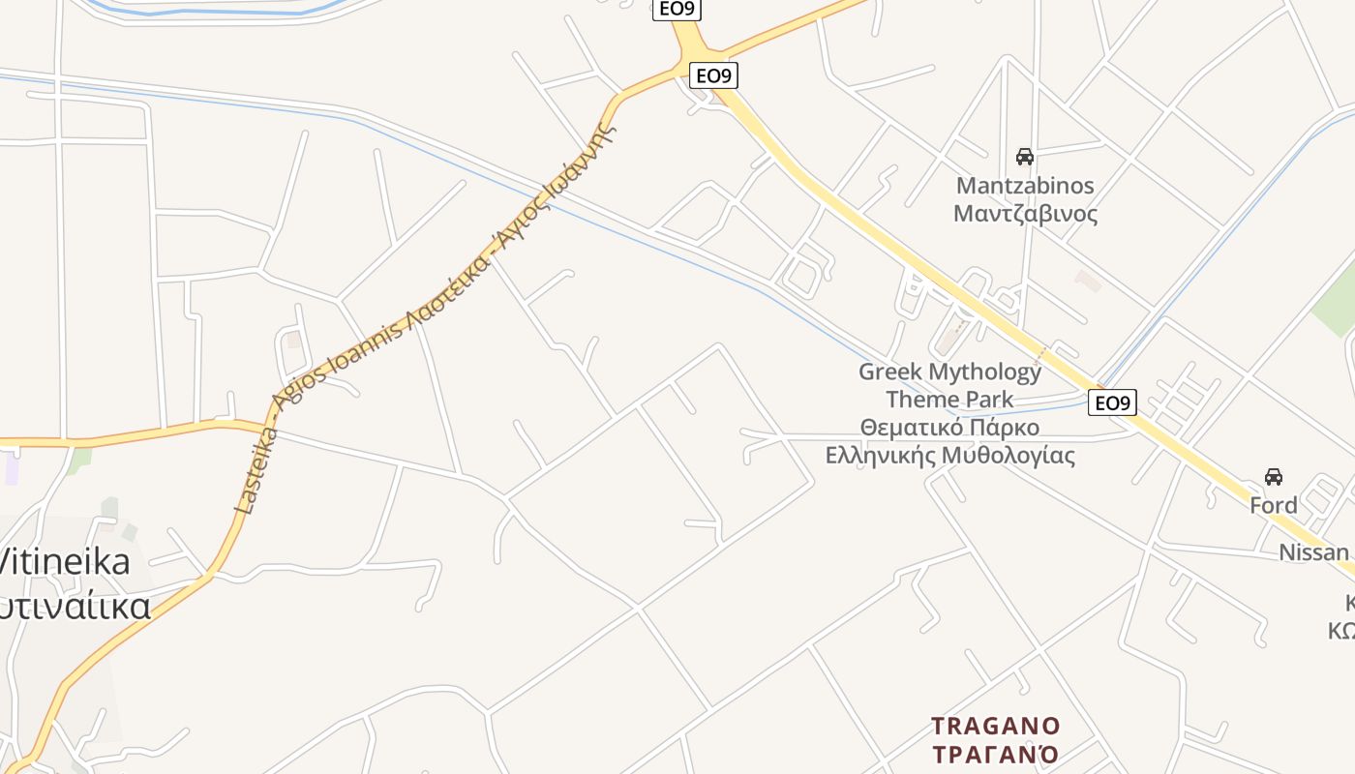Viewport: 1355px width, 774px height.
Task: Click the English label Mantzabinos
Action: click(x=1025, y=185)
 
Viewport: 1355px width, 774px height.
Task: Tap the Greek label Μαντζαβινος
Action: click(x=1025, y=213)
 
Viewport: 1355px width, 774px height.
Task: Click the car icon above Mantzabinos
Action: click(x=1024, y=156)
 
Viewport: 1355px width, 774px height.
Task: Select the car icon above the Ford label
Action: click(x=1273, y=476)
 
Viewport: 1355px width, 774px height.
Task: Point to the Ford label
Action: click(x=1273, y=505)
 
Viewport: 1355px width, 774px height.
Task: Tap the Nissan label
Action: click(x=1313, y=552)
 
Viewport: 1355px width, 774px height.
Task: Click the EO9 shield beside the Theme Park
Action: click(x=1112, y=402)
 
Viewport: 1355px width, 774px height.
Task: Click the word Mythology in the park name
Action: click(x=984, y=372)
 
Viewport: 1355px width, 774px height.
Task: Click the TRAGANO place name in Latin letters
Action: click(x=995, y=726)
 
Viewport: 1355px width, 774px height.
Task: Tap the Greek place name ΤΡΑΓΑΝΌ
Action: click(x=995, y=754)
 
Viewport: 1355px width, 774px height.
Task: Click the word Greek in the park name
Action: click(x=890, y=372)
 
